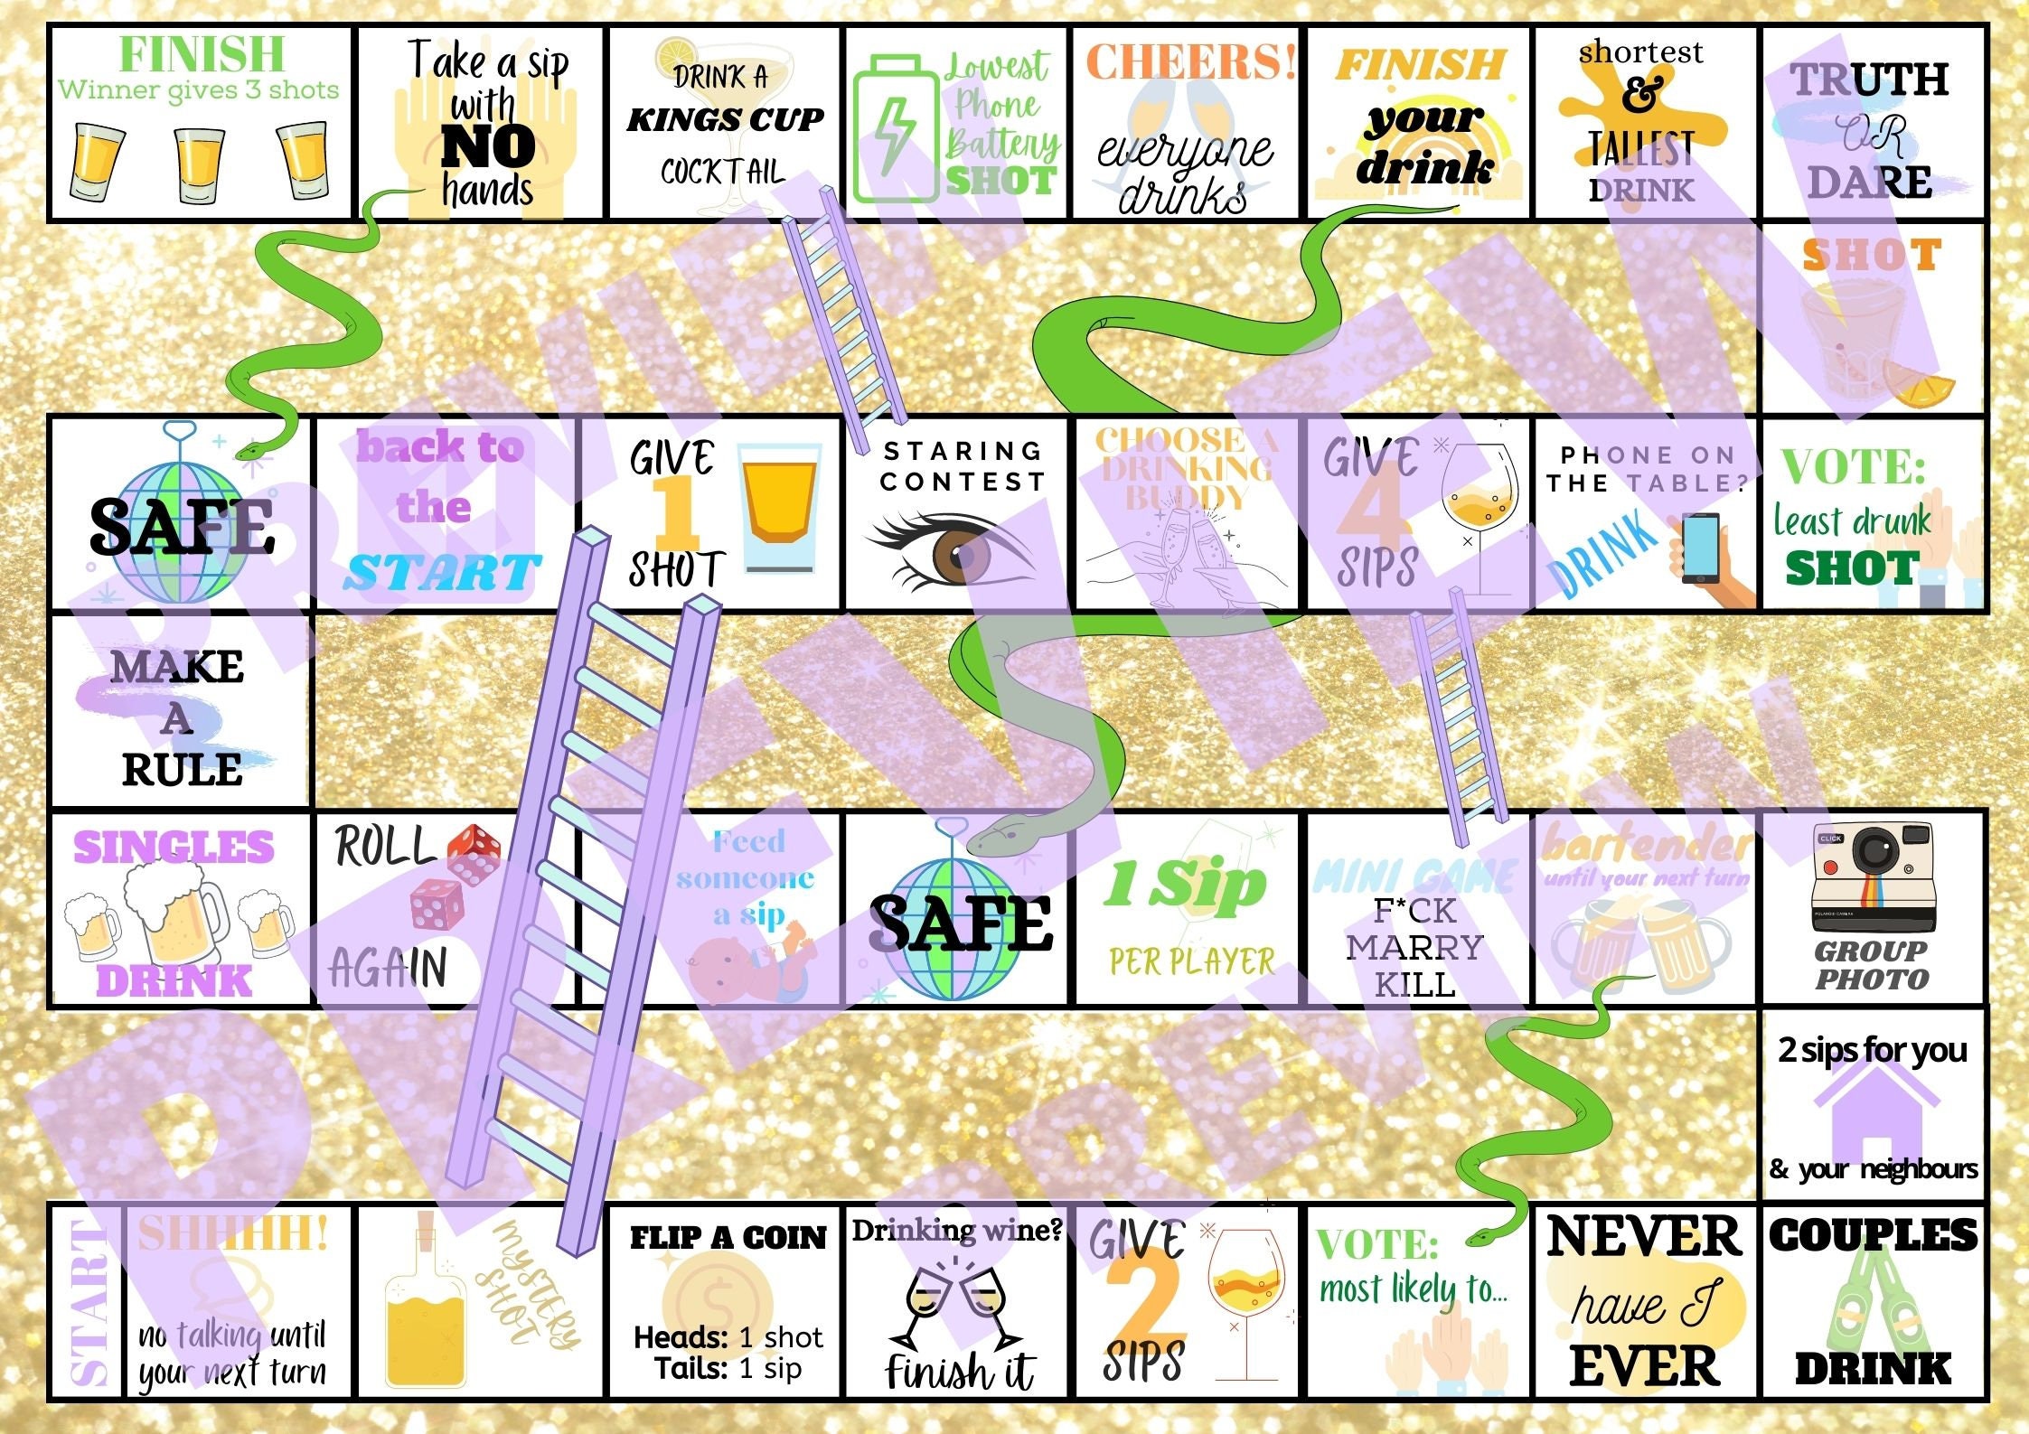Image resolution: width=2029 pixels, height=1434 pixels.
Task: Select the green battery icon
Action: click(x=894, y=127)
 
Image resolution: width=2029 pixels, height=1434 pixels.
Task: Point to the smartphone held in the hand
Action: click(x=1699, y=548)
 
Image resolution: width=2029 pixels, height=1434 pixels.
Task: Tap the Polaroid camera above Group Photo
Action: click(x=1873, y=876)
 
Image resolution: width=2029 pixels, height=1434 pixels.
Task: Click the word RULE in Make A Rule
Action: click(x=182, y=770)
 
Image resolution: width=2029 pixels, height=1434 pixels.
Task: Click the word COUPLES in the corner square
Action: click(x=1873, y=1235)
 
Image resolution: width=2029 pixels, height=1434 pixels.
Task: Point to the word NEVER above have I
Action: click(x=1643, y=1236)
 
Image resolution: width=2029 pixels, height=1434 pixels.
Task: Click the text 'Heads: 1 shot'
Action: click(x=728, y=1336)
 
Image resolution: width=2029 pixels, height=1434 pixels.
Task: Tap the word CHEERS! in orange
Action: click(x=1190, y=61)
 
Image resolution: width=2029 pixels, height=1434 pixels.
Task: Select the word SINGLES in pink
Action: click(x=174, y=848)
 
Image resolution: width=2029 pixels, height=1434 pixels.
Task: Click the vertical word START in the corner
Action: click(x=88, y=1301)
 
